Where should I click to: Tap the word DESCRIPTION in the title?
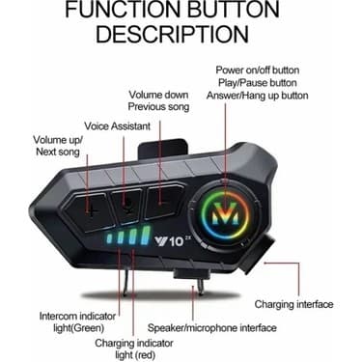pyautogui.click(x=181, y=36)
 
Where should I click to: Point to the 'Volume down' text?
pyautogui.click(x=159, y=94)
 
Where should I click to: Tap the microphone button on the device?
pyautogui.click(x=127, y=203)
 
